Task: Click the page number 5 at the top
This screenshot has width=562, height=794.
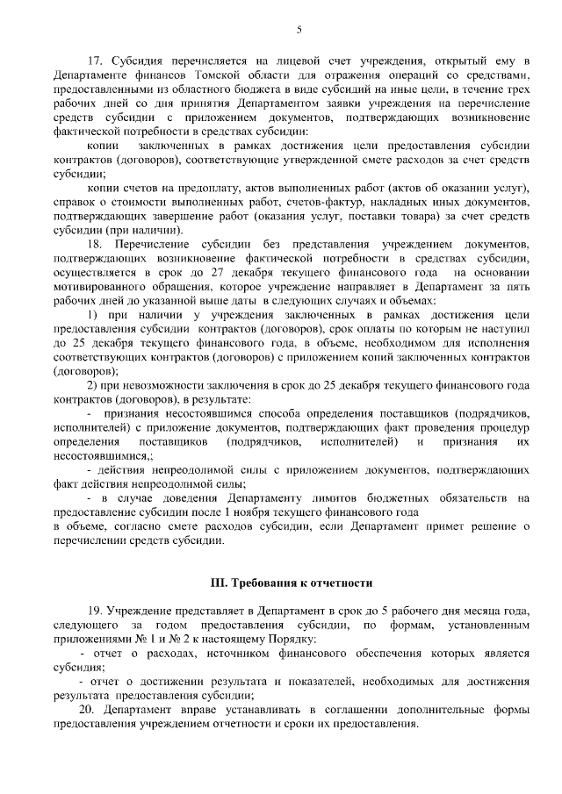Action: coord(299,32)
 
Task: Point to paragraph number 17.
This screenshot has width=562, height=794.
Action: coord(97,60)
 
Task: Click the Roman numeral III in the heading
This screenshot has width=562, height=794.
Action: coord(218,583)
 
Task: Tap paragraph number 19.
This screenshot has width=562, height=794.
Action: coord(97,611)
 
